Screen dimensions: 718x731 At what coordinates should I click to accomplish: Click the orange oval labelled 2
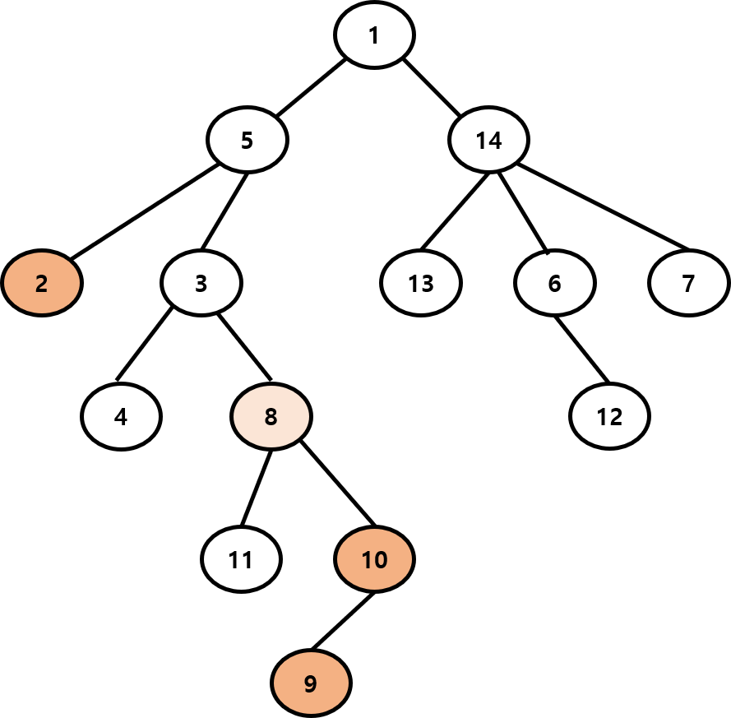42,283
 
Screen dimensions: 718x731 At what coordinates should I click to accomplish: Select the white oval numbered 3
201,283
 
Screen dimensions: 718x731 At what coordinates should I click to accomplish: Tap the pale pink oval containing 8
271,416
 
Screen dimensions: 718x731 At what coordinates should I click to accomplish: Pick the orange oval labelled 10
374,559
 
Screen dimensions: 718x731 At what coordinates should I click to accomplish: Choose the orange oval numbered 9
311,683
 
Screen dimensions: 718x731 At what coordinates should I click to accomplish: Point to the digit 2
42,284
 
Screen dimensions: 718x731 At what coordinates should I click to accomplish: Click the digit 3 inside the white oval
201,284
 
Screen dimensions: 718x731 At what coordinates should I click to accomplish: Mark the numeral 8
271,417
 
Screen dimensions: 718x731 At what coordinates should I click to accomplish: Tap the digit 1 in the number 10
367,560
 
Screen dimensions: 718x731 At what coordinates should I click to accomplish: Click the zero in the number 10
381,560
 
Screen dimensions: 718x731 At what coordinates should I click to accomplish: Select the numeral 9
310,683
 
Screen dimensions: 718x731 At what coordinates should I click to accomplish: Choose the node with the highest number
374,559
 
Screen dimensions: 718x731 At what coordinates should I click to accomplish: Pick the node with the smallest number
42,283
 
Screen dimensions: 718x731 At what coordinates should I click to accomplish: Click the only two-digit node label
374,560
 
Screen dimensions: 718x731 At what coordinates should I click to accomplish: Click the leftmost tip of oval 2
5,283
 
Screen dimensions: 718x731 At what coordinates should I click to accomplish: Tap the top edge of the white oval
201,253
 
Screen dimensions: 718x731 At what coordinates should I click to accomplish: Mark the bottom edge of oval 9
311,712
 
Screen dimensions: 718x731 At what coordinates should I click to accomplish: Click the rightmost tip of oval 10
411,559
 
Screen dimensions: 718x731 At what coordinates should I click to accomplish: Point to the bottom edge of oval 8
271,447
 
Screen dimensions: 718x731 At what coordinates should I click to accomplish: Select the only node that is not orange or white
271,416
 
